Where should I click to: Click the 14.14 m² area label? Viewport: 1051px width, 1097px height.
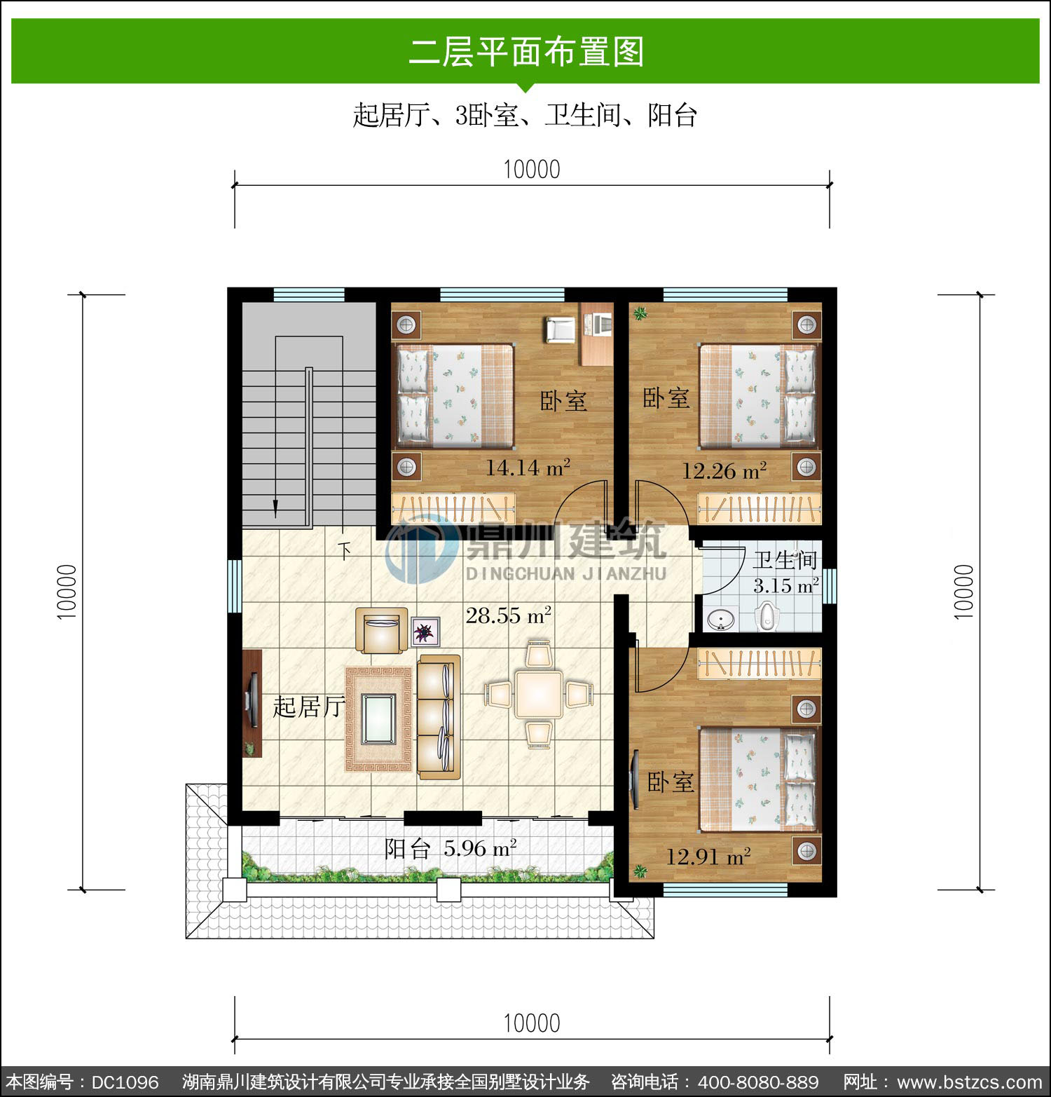point(528,467)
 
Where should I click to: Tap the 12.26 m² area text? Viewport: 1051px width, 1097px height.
point(724,470)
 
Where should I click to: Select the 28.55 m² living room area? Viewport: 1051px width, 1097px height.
point(509,615)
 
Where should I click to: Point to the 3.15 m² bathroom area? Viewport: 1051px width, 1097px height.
point(786,585)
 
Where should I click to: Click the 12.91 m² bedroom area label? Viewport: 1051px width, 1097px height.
point(708,856)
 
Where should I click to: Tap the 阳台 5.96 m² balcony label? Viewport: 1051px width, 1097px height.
point(451,849)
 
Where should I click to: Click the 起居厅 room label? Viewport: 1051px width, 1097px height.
point(308,707)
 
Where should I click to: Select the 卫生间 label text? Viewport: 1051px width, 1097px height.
point(785,560)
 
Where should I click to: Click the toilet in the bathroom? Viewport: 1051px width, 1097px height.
point(768,618)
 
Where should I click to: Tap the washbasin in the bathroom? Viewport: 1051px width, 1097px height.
point(720,620)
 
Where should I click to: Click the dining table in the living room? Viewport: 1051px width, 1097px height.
point(538,694)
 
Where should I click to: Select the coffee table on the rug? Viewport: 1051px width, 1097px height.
point(378,718)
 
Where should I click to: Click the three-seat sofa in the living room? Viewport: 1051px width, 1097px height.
point(439,716)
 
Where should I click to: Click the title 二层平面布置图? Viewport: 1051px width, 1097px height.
point(526,52)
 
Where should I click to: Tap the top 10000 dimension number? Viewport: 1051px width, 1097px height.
point(532,170)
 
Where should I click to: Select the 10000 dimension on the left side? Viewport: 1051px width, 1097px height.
point(67,592)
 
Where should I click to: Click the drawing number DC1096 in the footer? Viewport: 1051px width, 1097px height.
point(125,1082)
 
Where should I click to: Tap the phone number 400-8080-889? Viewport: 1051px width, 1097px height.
point(758,1082)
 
